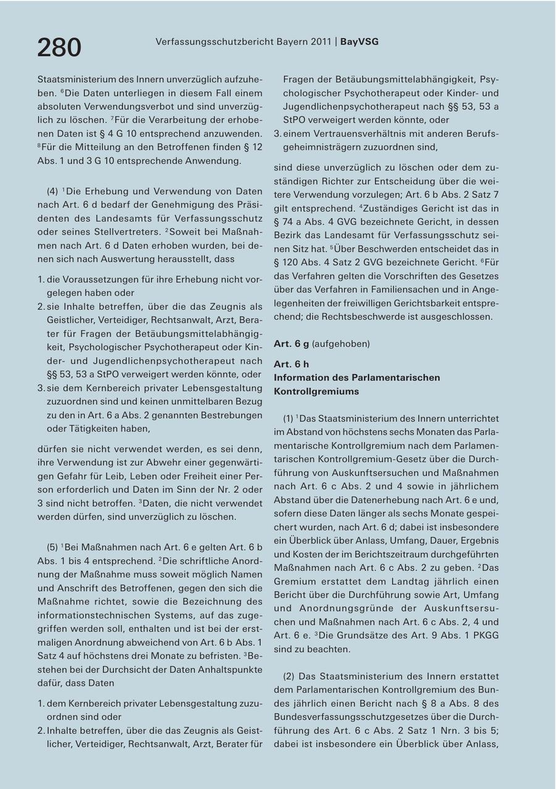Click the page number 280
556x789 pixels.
[59, 48]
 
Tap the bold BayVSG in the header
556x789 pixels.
[360, 41]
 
